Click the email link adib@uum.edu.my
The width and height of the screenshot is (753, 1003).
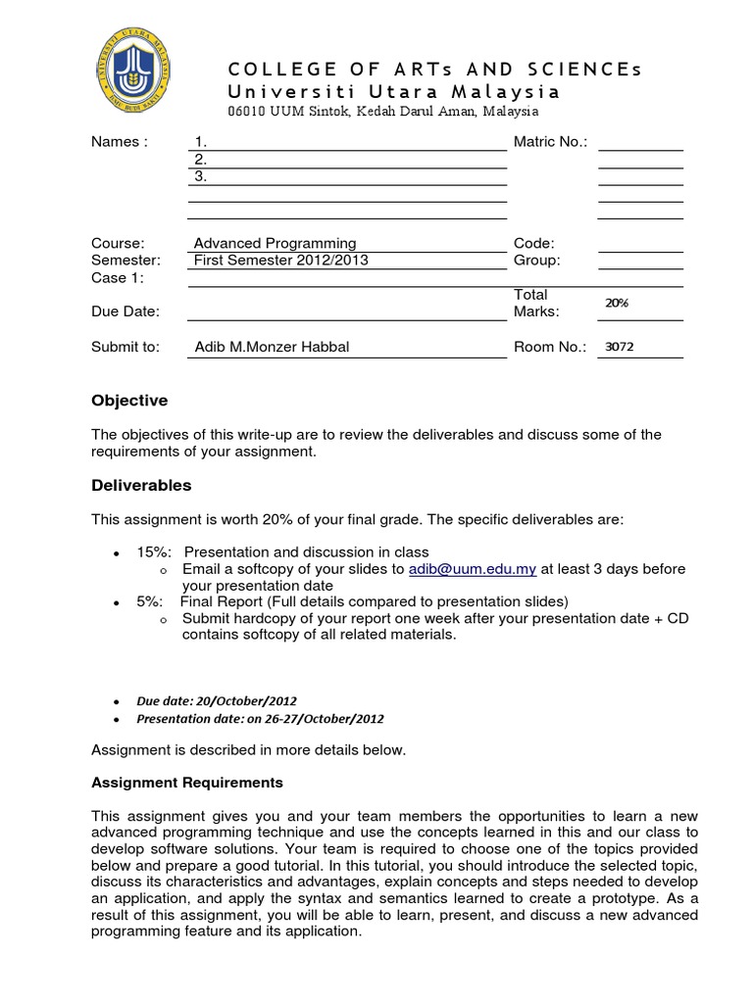[473, 569]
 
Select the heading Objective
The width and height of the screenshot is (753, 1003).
[129, 401]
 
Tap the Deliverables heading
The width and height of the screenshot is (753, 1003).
[141, 486]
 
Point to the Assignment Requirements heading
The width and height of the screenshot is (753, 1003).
[187, 783]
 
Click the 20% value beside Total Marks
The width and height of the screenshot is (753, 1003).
[617, 304]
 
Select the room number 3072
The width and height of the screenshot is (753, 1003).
[621, 347]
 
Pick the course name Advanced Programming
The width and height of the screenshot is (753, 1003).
[276, 243]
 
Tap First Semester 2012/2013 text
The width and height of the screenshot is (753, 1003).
[282, 261]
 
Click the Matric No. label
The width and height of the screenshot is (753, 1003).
[550, 142]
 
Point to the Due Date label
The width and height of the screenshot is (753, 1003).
[125, 311]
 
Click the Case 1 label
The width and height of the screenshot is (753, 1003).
[118, 278]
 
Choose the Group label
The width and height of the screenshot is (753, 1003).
[536, 261]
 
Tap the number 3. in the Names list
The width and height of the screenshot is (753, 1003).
[200, 177]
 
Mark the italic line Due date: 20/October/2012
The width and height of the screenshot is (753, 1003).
[217, 701]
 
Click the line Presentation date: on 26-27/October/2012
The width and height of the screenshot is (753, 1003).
[260, 719]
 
